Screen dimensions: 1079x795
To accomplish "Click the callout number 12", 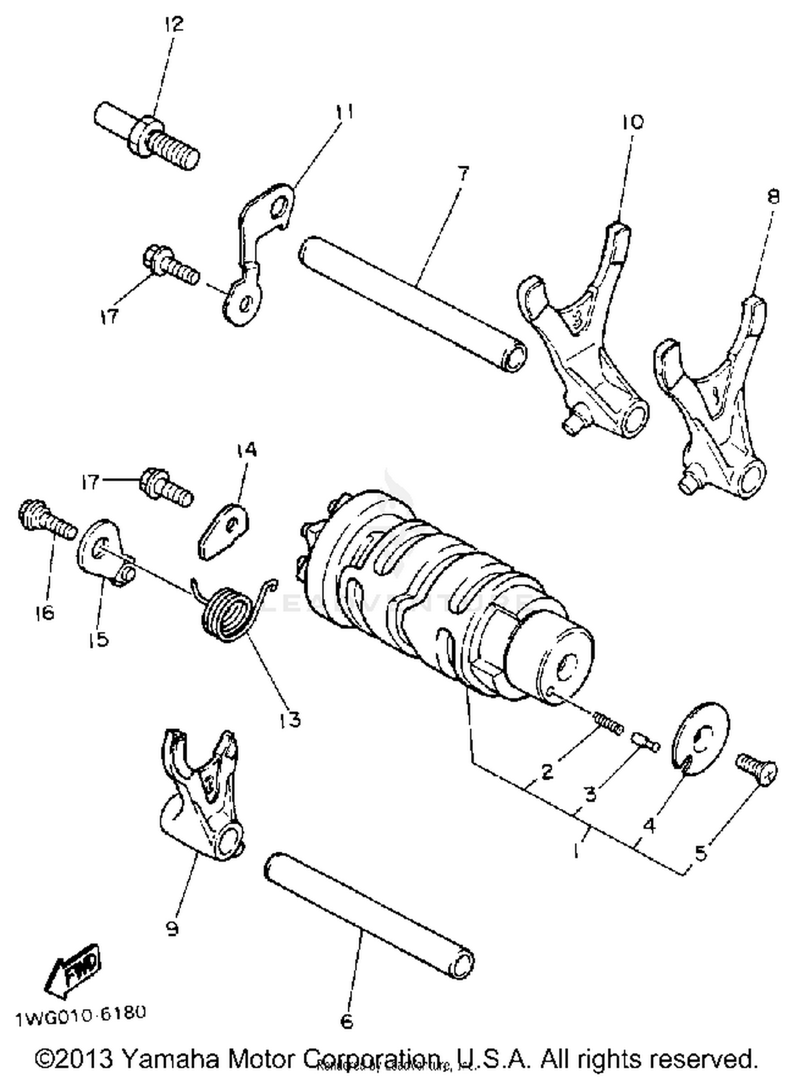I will pos(173,24).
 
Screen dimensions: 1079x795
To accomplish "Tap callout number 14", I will pos(246,450).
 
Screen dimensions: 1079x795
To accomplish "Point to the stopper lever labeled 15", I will pos(103,551).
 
